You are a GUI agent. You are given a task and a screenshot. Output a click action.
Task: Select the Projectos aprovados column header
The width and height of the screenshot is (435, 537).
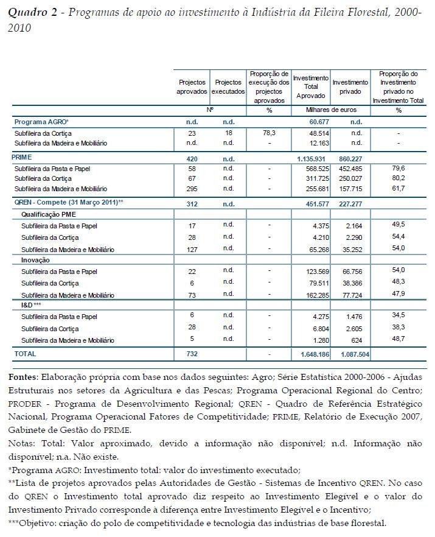pos(192,86)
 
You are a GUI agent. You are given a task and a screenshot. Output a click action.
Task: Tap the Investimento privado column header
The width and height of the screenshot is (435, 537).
pos(350,86)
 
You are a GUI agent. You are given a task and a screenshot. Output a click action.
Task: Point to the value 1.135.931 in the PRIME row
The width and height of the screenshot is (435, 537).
pos(311,157)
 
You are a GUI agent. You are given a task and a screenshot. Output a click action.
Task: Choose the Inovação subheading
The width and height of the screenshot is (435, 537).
pos(36,260)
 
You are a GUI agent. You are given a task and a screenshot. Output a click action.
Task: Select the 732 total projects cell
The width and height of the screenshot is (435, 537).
pos(192,354)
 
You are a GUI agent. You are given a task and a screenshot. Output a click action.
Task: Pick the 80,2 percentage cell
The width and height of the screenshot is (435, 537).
pos(399,178)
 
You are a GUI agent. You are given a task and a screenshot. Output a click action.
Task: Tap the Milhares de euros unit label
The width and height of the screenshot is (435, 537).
pos(331,111)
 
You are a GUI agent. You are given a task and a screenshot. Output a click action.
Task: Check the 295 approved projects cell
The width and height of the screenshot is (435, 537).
pos(192,189)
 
